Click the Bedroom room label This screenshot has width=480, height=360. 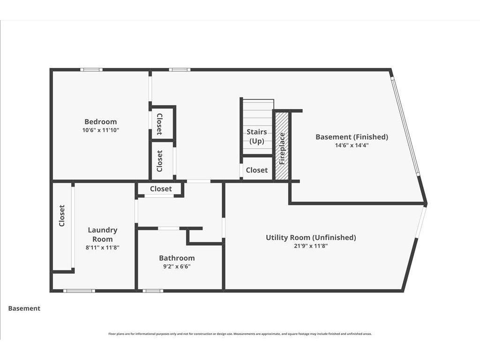click(100, 121)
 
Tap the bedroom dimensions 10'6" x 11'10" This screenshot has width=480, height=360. click(100, 130)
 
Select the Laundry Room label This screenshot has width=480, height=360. click(103, 234)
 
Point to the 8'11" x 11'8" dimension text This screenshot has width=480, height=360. click(103, 247)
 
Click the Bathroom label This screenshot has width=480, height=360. click(177, 258)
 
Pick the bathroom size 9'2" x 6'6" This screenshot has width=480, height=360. click(177, 266)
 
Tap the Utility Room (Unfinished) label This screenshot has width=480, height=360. click(311, 238)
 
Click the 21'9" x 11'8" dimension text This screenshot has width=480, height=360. click(311, 246)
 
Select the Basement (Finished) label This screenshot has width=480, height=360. click(352, 137)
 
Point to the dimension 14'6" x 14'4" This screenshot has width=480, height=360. click(352, 145)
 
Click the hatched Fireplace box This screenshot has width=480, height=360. click(282, 146)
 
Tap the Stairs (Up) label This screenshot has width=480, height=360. click(256, 136)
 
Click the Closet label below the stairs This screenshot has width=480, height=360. click(256, 170)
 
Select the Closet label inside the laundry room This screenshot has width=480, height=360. click(62, 216)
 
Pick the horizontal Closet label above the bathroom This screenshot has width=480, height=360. click(161, 189)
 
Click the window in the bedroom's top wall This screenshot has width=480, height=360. click(91, 70)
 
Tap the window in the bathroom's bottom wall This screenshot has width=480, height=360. click(153, 291)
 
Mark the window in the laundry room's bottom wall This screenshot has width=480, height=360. click(79, 291)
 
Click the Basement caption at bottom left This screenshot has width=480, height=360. click(24, 308)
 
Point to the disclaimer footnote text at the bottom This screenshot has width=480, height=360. click(240, 334)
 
